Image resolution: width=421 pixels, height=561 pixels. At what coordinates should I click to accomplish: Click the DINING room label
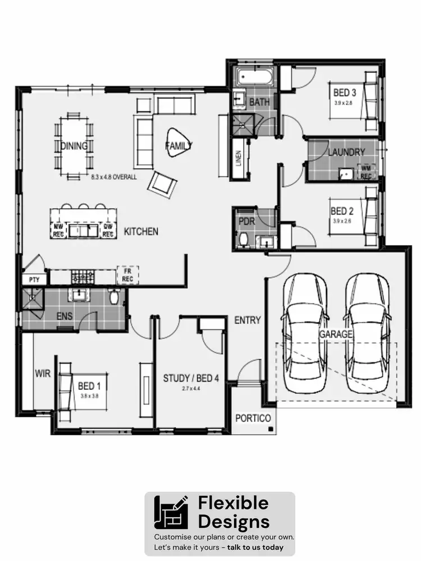[x=74, y=146]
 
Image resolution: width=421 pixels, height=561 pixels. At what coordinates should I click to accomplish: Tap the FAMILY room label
[x=179, y=145]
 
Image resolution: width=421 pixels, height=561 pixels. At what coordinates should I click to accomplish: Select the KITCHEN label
[x=141, y=231]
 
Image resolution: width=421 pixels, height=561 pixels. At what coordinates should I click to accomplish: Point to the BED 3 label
[x=345, y=92]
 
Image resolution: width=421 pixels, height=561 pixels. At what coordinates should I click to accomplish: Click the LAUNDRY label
[x=346, y=152]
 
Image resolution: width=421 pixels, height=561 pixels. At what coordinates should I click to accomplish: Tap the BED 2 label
[x=342, y=211]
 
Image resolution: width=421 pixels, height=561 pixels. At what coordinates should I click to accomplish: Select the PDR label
[x=247, y=222]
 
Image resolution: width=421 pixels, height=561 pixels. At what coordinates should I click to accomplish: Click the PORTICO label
[x=253, y=418]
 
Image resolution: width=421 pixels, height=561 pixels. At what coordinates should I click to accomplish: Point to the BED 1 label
[x=90, y=386]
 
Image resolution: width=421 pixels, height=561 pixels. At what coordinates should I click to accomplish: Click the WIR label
[x=43, y=373]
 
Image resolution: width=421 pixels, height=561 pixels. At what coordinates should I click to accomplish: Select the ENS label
[x=65, y=316]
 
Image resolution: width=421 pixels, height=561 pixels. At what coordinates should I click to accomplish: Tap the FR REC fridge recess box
[x=127, y=275]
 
